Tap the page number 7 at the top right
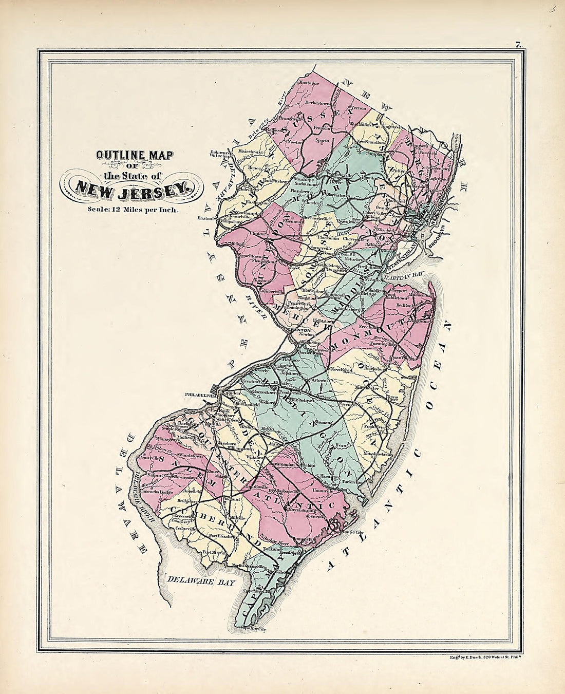click(519, 45)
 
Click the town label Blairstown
click(247, 152)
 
